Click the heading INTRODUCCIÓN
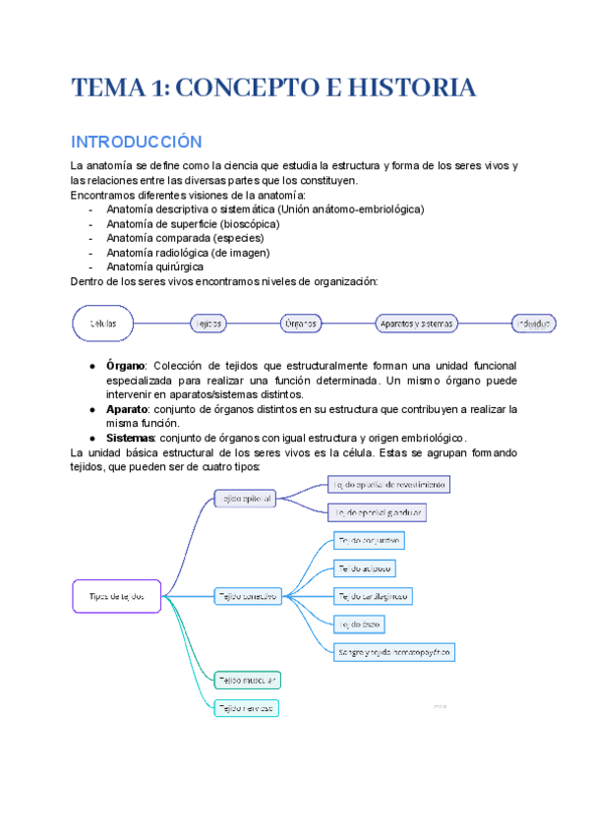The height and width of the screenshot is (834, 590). click(136, 142)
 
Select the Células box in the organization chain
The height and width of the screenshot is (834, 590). click(103, 323)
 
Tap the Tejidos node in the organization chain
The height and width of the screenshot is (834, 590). click(206, 323)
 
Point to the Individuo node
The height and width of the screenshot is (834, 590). click(534, 323)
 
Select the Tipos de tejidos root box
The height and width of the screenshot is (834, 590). click(117, 596)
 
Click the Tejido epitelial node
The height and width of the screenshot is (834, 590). click(245, 499)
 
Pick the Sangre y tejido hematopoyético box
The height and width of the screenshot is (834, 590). click(393, 652)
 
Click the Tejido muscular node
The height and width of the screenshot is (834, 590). click(248, 680)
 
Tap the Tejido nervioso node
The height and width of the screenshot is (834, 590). click(247, 707)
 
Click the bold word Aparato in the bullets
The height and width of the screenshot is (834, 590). click(126, 408)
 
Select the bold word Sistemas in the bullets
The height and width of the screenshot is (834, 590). click(129, 438)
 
